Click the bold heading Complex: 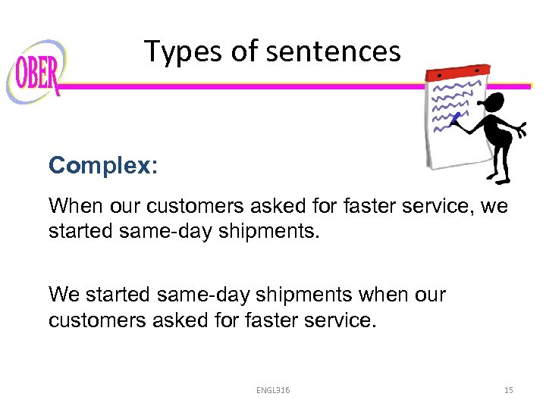click(103, 166)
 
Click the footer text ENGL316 click(272, 390)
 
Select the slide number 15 click(508, 390)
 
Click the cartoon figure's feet click(497, 180)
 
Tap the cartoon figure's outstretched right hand click(521, 130)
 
